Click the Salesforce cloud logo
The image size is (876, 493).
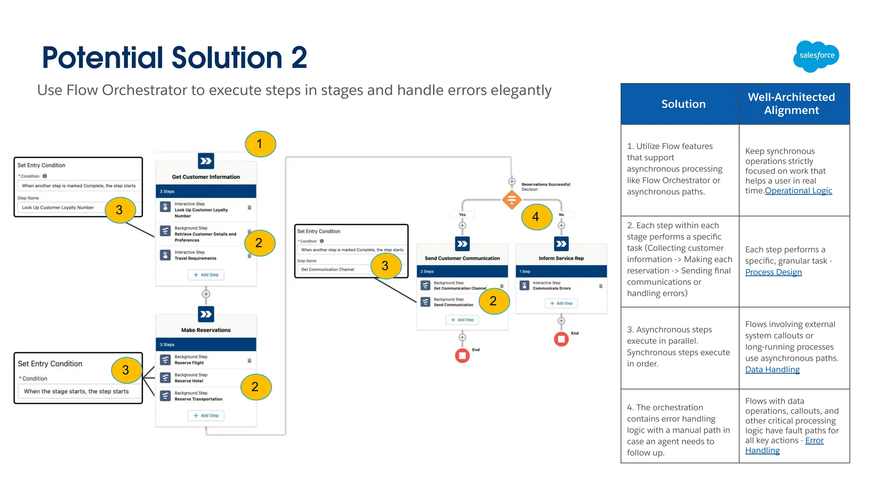tap(816, 56)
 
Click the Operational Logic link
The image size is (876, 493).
tap(798, 191)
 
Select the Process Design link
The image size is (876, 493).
tap(773, 272)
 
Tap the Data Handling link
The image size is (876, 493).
tap(772, 369)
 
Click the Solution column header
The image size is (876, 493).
tap(683, 104)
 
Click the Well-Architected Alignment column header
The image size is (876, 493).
tap(791, 103)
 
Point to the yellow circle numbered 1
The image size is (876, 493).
tap(260, 144)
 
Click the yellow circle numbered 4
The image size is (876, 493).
tap(536, 217)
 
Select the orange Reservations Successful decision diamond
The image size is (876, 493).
tap(512, 200)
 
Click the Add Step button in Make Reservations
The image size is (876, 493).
tap(206, 415)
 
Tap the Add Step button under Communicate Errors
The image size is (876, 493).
tap(561, 303)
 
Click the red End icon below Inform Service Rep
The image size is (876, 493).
tap(561, 339)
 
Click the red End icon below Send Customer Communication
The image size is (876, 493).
tap(462, 355)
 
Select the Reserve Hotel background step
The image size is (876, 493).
tap(189, 378)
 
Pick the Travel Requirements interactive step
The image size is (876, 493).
tap(195, 255)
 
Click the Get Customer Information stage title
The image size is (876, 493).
tap(206, 177)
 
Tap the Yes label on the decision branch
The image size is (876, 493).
tap(462, 215)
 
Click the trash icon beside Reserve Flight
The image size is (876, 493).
tap(249, 360)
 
